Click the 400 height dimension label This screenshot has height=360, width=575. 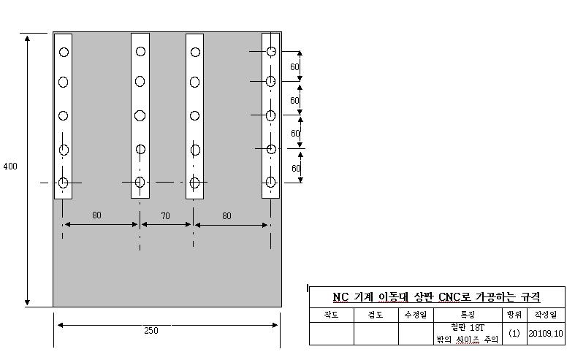pyautogui.click(x=10, y=166)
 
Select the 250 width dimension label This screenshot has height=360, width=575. pyautogui.click(x=151, y=330)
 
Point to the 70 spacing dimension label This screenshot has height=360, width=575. pyautogui.click(x=164, y=216)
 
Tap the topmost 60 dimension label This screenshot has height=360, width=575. pyautogui.click(x=294, y=67)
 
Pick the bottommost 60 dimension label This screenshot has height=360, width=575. pyautogui.click(x=294, y=169)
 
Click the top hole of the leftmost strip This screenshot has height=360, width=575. pyautogui.click(x=64, y=53)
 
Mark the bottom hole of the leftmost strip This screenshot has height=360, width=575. pyautogui.click(x=64, y=183)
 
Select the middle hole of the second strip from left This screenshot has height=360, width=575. pyautogui.click(x=140, y=115)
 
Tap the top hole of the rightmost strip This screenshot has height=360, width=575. pyautogui.click(x=271, y=52)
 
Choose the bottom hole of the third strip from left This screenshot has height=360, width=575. pyautogui.click(x=195, y=183)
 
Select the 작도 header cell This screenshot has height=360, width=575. pyautogui.click(x=332, y=315)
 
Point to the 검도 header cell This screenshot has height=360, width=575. pyautogui.click(x=376, y=315)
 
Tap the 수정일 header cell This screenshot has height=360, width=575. pyautogui.click(x=420, y=315)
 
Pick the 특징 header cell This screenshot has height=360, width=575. pyautogui.click(x=468, y=315)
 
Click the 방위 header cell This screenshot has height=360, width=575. pyautogui.click(x=514, y=315)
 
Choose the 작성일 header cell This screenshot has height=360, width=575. pyautogui.click(x=546, y=315)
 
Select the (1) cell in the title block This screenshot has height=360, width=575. pyautogui.click(x=514, y=334)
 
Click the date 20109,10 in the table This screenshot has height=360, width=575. pyautogui.click(x=546, y=334)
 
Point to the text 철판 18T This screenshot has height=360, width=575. pyautogui.click(x=468, y=328)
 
